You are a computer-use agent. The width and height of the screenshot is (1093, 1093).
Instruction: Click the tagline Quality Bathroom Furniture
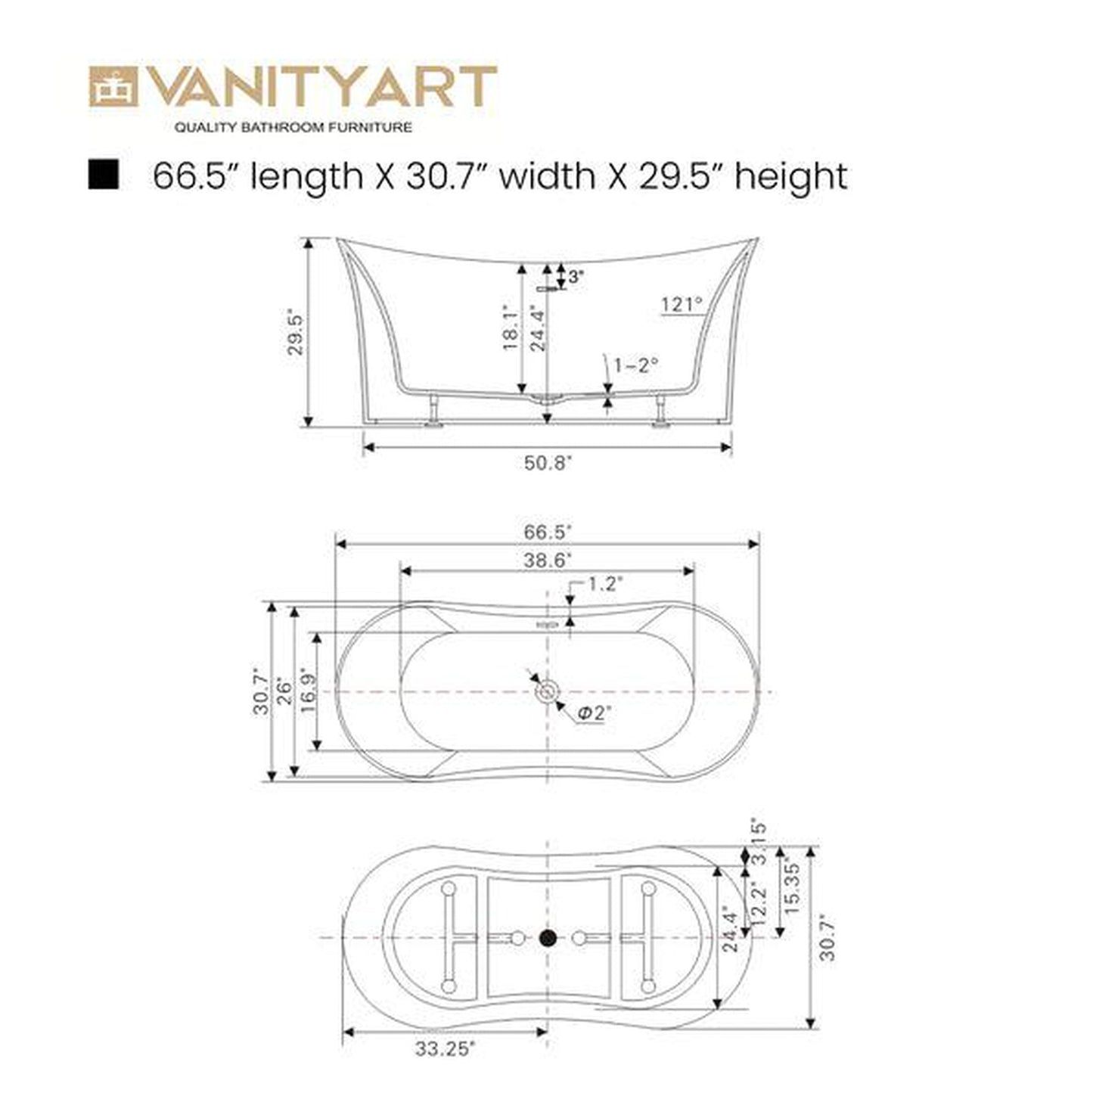coord(293,127)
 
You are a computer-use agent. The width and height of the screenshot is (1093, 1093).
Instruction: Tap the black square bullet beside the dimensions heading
coord(103,175)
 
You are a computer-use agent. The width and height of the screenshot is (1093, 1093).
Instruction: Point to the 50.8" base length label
coord(548,463)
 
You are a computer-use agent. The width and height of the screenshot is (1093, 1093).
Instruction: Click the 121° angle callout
coord(682,305)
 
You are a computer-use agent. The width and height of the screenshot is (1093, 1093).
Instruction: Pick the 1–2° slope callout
coord(635,365)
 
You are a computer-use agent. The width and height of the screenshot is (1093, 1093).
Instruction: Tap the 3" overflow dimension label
coord(576,277)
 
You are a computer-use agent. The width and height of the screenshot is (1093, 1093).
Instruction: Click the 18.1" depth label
coord(510,328)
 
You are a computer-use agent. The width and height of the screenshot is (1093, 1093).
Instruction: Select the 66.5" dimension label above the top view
coord(548,532)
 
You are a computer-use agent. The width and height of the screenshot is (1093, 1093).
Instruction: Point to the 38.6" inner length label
coord(548,560)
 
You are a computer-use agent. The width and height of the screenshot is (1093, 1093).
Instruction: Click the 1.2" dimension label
coord(604,583)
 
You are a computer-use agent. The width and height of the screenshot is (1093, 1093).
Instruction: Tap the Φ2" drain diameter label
coord(595,713)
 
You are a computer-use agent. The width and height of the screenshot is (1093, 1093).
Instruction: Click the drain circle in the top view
coord(547,691)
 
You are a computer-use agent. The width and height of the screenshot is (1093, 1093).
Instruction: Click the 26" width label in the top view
coord(284,691)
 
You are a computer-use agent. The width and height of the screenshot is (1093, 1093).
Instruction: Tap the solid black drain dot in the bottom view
coord(548,939)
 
